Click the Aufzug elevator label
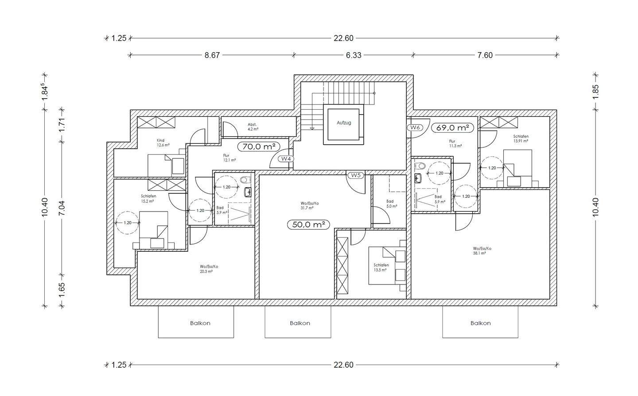click(343, 123)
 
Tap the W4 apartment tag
click(286, 159)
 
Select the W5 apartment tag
click(355, 175)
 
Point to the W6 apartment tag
click(415, 127)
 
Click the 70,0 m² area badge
click(259, 146)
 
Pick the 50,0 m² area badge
click(309, 224)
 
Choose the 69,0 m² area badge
click(452, 127)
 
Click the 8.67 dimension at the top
click(212, 55)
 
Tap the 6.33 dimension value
click(354, 55)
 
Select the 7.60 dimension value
click(485, 55)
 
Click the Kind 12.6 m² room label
click(160, 142)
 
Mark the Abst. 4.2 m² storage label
click(253, 127)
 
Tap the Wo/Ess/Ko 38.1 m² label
click(482, 251)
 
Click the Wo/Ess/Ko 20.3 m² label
click(209, 269)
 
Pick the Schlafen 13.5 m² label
click(381, 267)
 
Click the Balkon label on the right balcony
click(480, 323)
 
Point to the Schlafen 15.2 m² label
click(148, 198)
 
